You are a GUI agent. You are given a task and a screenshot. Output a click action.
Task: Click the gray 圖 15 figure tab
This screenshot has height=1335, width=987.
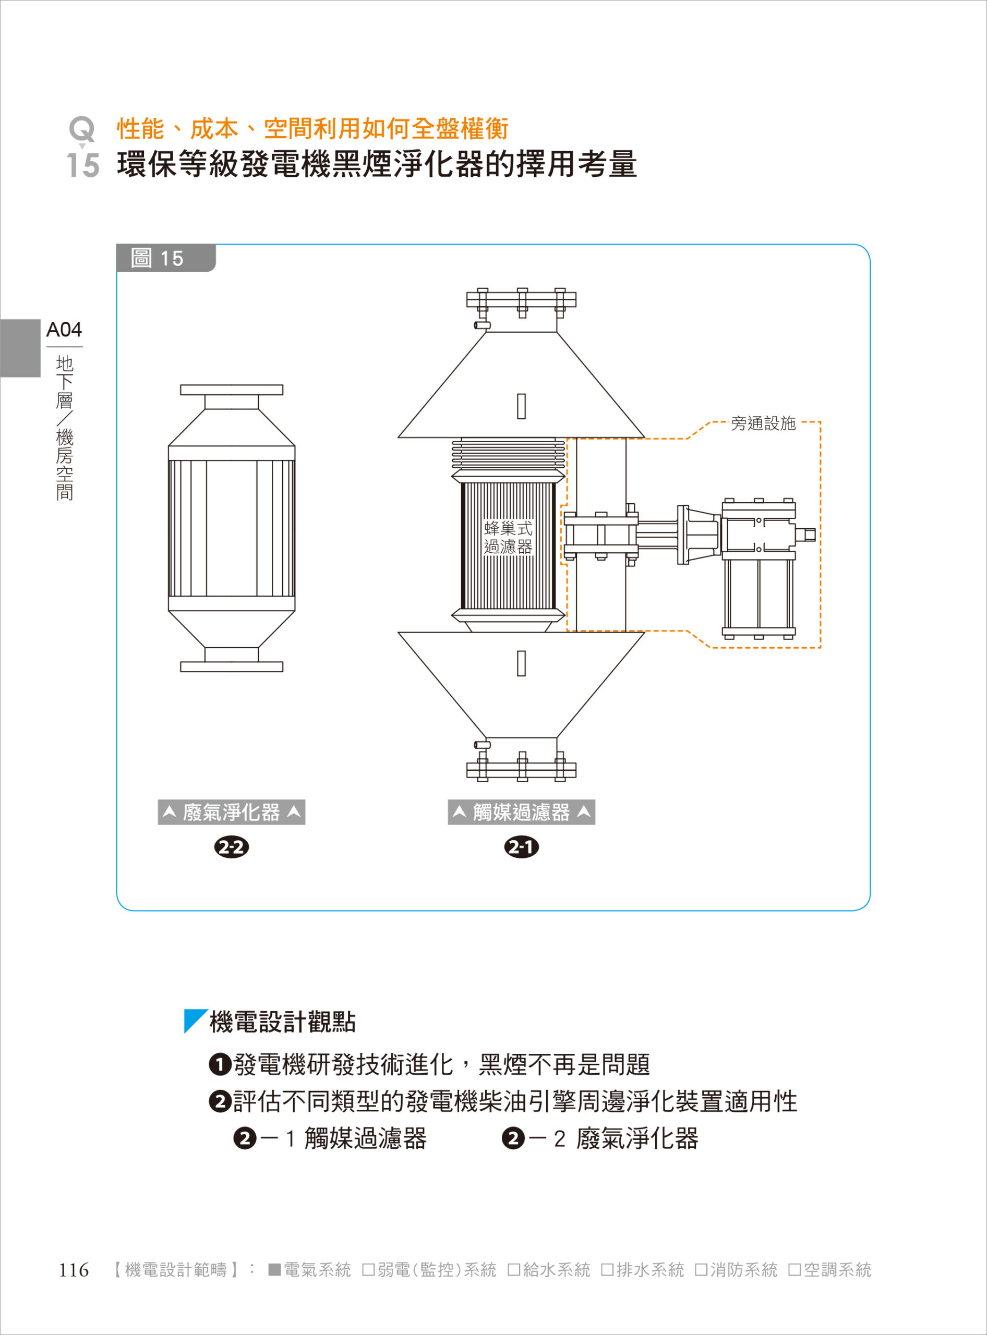click(x=165, y=258)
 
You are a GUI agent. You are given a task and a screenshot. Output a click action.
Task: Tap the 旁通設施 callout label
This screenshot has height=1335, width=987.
click(x=763, y=423)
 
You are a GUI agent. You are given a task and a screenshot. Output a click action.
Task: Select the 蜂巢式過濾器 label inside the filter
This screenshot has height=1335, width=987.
click(x=508, y=538)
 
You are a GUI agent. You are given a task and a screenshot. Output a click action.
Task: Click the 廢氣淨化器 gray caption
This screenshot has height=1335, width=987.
click(x=231, y=812)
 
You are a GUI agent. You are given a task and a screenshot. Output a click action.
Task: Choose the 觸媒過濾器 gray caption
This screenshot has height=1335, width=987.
click(x=521, y=812)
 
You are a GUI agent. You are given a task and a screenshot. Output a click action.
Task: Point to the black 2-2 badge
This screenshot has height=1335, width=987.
click(x=231, y=847)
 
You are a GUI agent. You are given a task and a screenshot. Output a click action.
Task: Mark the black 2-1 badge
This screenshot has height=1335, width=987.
click(x=521, y=847)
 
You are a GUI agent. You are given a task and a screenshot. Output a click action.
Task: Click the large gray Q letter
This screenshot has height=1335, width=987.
click(x=82, y=128)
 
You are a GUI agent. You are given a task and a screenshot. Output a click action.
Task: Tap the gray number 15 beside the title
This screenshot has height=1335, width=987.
click(x=83, y=165)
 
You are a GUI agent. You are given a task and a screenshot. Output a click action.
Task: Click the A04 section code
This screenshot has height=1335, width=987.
click(x=64, y=330)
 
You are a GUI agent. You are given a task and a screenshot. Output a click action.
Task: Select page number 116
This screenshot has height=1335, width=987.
click(x=74, y=1270)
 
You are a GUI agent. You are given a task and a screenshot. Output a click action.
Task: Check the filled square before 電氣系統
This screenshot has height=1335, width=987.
click(x=274, y=1270)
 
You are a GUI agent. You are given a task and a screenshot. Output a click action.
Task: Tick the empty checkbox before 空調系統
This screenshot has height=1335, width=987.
click(x=794, y=1270)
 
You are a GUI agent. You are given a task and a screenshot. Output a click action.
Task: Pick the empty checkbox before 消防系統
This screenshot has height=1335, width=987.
click(x=701, y=1270)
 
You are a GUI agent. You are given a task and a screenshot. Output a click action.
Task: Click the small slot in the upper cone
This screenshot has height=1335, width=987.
click(x=522, y=406)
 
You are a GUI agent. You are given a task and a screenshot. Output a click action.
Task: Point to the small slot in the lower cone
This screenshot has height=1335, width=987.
click(x=522, y=663)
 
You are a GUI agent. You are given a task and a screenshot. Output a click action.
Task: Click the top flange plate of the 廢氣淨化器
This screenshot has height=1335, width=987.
click(x=232, y=390)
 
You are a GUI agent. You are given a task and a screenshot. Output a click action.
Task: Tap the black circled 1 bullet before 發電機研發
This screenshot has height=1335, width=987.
click(x=220, y=1064)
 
